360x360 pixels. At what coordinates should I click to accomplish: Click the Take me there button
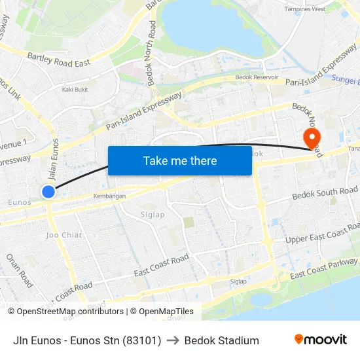pos(180,160)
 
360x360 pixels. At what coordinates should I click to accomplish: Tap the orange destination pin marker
pos(311,137)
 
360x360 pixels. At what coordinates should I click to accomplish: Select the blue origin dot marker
pos(48,192)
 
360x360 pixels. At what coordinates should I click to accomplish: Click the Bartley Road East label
pos(59,61)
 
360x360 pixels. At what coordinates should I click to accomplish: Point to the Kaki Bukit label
pos(75,90)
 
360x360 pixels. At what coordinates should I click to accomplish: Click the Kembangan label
pos(109,196)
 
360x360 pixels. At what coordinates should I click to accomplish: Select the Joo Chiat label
pos(63,234)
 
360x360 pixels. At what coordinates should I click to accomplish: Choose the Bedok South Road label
pos(325,194)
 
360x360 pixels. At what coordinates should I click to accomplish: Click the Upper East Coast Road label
pos(322,234)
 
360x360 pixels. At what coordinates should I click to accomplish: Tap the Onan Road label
pos(20,270)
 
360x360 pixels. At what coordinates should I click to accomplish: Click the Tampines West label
pos(305,9)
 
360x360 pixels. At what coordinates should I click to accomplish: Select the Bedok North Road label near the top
pos(153,53)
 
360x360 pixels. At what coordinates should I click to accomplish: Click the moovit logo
pos(320,340)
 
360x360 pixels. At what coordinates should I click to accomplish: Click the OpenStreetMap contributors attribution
pos(69,312)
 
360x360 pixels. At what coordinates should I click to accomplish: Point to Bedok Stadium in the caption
pos(221,340)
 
